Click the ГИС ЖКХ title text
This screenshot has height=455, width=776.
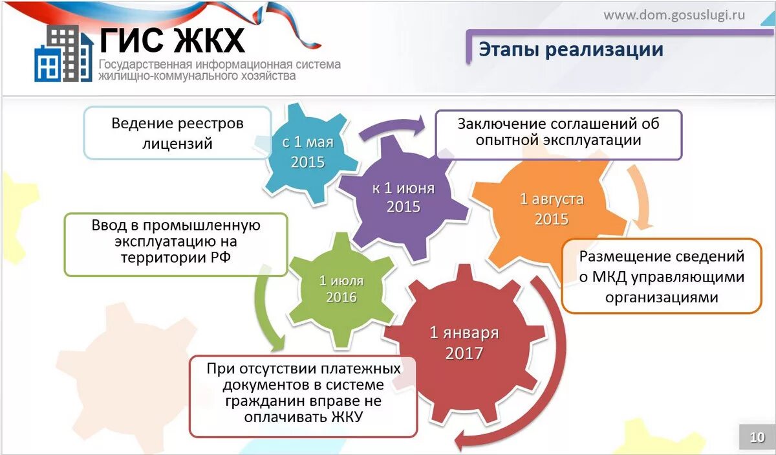pos(173,41)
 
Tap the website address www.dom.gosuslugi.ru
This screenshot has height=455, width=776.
pos(674,15)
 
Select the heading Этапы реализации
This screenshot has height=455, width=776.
pos(571,49)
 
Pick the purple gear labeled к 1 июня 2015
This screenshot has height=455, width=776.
pos(403,197)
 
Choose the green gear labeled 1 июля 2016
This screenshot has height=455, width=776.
pos(341,289)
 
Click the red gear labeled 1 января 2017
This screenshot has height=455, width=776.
pos(464,343)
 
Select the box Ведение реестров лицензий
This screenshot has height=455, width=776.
pos(177,133)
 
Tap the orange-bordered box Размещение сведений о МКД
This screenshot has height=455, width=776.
pos(661,276)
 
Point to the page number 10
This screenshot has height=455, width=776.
pos(757,438)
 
